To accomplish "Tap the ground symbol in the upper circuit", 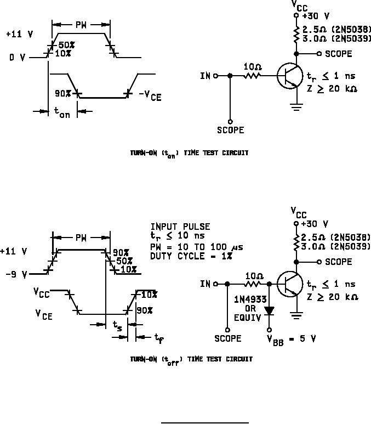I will click(x=296, y=107).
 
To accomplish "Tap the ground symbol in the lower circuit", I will click(x=296, y=315).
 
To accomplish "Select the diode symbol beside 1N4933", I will click(x=269, y=310).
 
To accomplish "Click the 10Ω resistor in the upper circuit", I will click(x=252, y=76).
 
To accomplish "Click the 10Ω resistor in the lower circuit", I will click(x=252, y=284).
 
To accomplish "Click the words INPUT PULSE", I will click(x=180, y=227).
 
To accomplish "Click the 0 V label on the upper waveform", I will click(x=16, y=56).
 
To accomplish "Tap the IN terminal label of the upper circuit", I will click(x=205, y=76).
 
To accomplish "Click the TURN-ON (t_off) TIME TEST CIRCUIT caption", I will click(x=191, y=359).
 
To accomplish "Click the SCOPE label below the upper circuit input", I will click(x=230, y=131).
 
